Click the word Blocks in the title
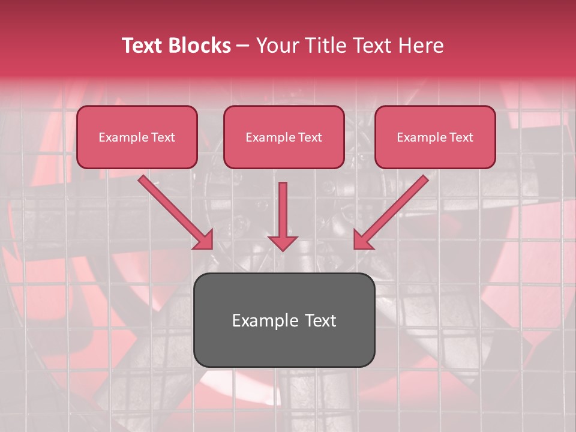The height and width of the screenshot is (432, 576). [200, 46]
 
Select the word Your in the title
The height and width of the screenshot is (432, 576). [275, 46]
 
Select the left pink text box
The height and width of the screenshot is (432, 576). [137, 137]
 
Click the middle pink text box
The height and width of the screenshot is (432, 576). [284, 137]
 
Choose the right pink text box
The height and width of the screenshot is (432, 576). [435, 137]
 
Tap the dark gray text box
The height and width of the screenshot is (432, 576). [284, 320]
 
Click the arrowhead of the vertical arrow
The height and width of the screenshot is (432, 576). [283, 242]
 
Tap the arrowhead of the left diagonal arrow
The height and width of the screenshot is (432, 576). [204, 239]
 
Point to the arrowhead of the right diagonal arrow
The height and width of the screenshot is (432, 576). [362, 239]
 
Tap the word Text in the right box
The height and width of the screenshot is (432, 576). [461, 137]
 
